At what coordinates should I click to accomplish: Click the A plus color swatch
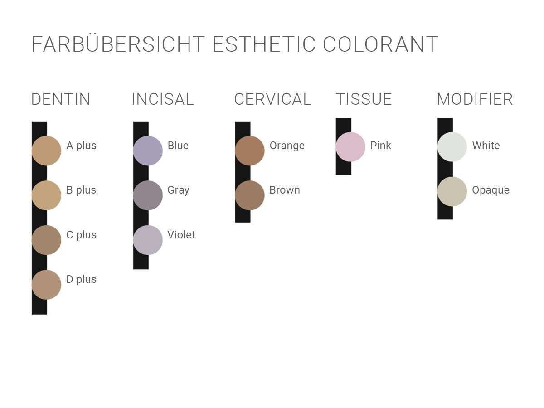[46, 151]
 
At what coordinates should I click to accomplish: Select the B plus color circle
[46, 195]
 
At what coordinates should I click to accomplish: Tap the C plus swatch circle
[46, 240]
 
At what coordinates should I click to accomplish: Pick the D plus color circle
[46, 284]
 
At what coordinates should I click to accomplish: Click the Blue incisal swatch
[148, 151]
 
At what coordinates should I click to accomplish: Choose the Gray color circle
[148, 195]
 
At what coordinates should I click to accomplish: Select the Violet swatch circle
[148, 240]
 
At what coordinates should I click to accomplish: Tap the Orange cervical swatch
[250, 151]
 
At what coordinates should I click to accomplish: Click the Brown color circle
[250, 195]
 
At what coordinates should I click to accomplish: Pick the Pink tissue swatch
[350, 146]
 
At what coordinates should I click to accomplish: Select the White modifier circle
[452, 146]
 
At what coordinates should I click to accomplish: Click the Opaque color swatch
[452, 191]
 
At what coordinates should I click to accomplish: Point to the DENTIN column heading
[61, 99]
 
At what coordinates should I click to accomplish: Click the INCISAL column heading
[163, 99]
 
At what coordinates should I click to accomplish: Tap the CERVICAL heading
[272, 99]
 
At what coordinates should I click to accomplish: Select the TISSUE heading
[364, 99]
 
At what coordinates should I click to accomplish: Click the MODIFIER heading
[475, 99]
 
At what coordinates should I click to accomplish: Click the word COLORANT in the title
[380, 44]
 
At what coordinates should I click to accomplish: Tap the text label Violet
[181, 234]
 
